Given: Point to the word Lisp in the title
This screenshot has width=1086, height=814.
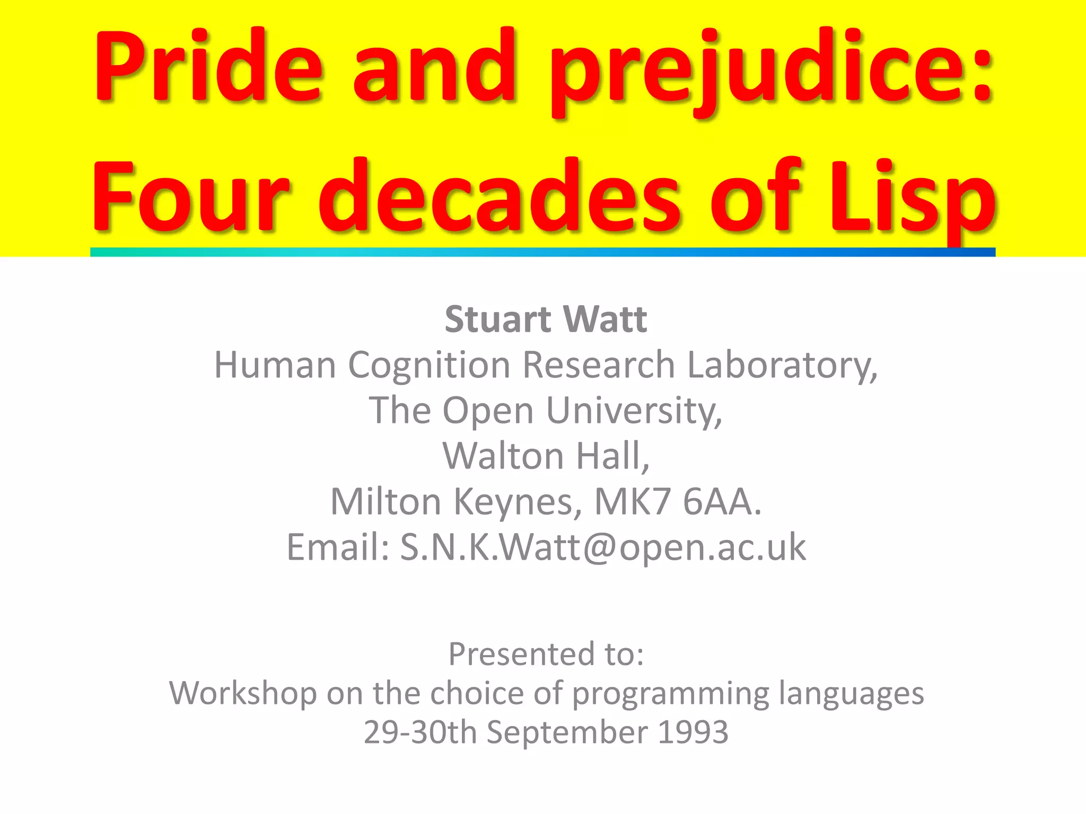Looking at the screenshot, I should click(x=912, y=201).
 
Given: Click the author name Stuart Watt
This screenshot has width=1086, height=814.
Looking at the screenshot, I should click(x=546, y=320).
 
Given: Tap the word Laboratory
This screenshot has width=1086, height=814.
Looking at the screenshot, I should click(x=782, y=366).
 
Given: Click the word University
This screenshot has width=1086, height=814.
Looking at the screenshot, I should click(x=634, y=411).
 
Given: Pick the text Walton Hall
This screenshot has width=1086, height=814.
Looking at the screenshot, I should click(x=546, y=456).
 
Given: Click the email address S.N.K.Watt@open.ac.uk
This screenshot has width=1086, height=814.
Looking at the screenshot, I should click(x=602, y=547).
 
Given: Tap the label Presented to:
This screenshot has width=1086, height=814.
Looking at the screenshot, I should click(x=546, y=654).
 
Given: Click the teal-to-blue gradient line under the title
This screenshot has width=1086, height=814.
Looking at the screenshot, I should click(x=542, y=252).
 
